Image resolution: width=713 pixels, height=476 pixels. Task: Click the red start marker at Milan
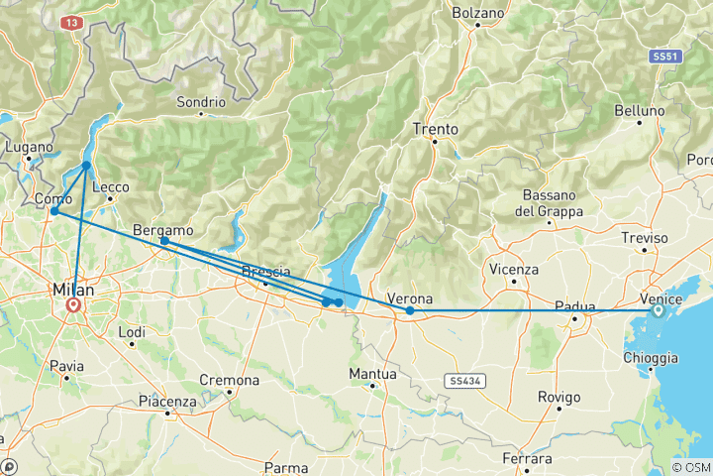(73, 306)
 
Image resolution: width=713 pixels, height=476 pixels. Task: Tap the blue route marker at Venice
(659, 310)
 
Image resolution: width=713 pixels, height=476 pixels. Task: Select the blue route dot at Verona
(410, 310)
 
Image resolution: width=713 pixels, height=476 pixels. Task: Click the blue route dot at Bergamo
(164, 241)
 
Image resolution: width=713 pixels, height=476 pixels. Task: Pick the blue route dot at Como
(54, 211)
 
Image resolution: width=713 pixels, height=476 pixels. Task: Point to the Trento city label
(436, 129)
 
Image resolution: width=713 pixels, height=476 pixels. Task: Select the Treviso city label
(646, 238)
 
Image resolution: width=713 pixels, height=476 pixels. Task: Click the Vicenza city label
(514, 269)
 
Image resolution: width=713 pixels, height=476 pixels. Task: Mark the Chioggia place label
(652, 357)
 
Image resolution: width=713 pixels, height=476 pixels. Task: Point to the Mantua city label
(373, 374)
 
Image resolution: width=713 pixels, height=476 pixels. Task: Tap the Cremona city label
(230, 380)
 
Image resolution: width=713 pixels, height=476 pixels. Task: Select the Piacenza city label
(167, 402)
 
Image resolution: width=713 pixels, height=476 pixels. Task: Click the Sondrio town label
(201, 102)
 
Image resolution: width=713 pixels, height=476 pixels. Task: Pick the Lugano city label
(27, 146)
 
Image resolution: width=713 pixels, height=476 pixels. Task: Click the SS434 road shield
(461, 380)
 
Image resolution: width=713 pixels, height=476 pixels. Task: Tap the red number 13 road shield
(70, 21)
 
